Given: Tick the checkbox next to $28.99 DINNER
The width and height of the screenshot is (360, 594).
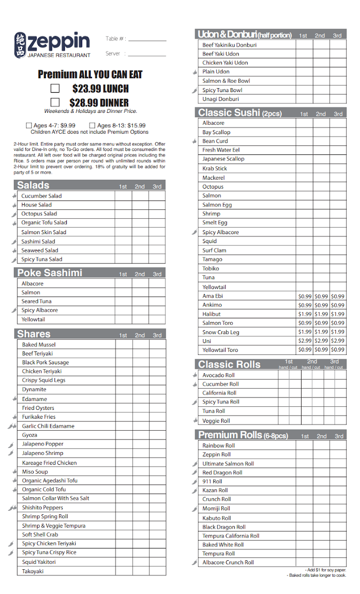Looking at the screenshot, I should click(55, 102).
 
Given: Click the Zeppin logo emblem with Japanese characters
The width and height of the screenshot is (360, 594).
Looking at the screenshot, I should click(20, 45).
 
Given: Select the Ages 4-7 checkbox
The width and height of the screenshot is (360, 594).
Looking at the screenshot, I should click(29, 126).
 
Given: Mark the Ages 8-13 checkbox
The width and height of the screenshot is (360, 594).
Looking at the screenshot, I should click(92, 126).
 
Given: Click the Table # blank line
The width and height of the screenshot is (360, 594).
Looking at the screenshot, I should click(147, 40).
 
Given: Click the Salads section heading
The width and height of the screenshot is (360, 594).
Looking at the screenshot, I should click(33, 186).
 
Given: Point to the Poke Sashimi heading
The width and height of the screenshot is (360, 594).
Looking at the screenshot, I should click(50, 273).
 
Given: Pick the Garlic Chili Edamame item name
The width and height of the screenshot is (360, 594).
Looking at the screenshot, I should click(48, 426).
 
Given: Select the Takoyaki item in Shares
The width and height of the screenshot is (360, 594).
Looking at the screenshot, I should click(33, 571).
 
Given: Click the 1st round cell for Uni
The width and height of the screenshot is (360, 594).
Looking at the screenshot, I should click(305, 341).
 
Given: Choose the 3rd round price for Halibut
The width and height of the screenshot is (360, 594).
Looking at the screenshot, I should click(338, 314).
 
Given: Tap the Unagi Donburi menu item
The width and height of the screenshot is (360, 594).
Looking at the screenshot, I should click(220, 99).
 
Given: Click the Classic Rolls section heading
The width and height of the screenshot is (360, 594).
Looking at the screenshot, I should click(229, 365).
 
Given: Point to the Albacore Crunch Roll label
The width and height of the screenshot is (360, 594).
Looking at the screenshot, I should click(228, 562).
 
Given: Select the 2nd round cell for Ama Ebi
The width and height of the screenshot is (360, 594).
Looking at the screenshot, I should click(321, 297).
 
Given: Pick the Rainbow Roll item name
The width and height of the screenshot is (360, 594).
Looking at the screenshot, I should click(218, 445).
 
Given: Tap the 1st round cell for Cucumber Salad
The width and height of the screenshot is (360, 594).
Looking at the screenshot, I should click(123, 196).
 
